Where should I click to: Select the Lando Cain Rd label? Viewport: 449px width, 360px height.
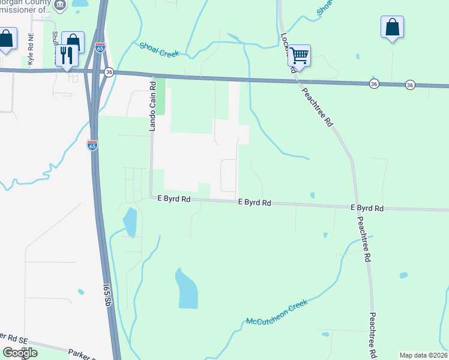pos(152,107)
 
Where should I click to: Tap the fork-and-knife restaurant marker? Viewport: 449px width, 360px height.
pos(66,55)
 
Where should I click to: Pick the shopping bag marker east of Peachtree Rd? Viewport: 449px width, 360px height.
pos(392,27)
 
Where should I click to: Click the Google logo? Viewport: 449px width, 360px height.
pos(20,353)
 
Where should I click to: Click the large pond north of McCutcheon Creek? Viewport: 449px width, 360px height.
pos(186,288)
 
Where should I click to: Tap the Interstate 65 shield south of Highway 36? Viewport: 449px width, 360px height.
pos(92,146)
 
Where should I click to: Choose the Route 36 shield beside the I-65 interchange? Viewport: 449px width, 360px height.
pos(108,72)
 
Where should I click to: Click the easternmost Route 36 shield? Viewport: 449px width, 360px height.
pos(410,85)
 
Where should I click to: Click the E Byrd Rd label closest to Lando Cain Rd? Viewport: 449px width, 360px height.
pos(174,198)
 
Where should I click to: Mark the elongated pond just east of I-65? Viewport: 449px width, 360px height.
pos(130,222)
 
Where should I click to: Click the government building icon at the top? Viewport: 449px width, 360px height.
pos(60,5)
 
